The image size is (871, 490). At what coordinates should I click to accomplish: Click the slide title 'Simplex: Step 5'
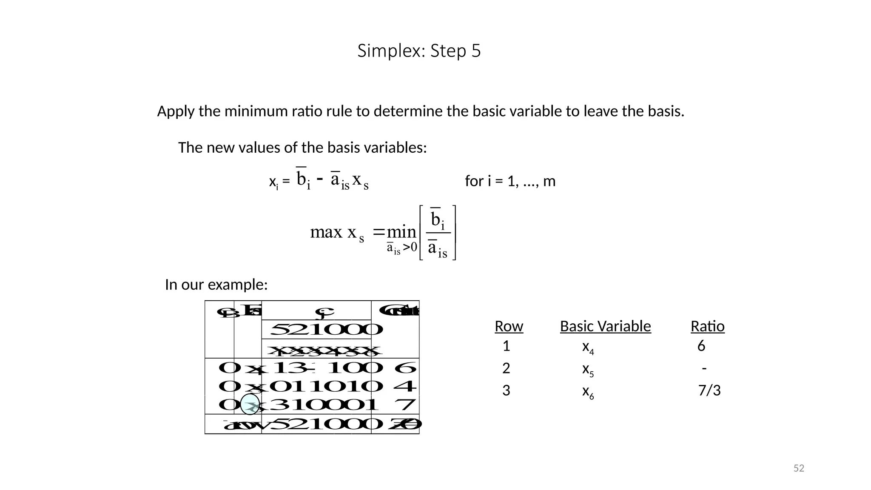tap(419, 51)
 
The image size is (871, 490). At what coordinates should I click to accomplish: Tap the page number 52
tap(799, 468)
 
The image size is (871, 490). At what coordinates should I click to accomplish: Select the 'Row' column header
tap(509, 326)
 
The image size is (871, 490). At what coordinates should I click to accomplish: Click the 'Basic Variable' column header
tap(605, 326)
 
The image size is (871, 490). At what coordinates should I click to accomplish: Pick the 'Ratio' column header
tap(707, 326)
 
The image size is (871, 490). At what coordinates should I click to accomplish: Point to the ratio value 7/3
tap(709, 390)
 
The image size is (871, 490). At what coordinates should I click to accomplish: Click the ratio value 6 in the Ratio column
tap(701, 346)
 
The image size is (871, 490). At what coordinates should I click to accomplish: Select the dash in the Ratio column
tap(704, 368)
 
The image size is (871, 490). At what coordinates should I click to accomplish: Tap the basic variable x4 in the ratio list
tap(588, 348)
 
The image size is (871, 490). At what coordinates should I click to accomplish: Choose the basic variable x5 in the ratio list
tap(588, 370)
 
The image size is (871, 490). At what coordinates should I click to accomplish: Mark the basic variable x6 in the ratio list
tap(588, 392)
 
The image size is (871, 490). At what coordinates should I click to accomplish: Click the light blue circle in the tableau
tap(250, 404)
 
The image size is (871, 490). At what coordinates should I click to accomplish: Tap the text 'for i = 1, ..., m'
tap(510, 181)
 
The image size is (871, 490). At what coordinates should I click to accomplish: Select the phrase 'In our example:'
tap(216, 285)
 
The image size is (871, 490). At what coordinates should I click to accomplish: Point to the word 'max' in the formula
tap(326, 232)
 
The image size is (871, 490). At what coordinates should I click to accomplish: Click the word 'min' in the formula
tap(401, 232)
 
